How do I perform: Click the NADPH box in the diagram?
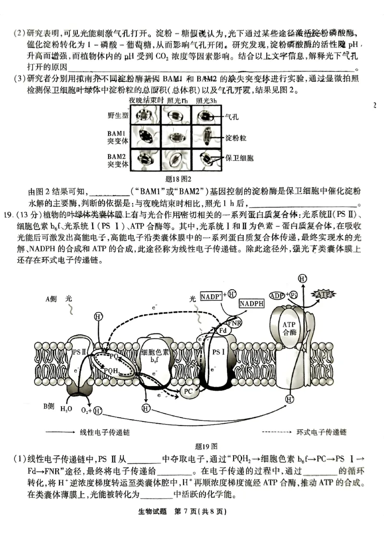click(x=252, y=304)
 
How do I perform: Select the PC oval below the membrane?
click(x=189, y=391)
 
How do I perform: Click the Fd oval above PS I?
click(x=222, y=330)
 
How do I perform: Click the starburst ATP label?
click(x=323, y=294)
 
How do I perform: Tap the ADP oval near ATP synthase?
click(x=277, y=295)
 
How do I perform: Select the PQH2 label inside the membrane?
click(x=112, y=370)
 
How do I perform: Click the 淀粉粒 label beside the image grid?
click(x=236, y=138)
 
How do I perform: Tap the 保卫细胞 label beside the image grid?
click(x=240, y=158)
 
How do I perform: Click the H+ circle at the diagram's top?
click(x=302, y=279)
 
